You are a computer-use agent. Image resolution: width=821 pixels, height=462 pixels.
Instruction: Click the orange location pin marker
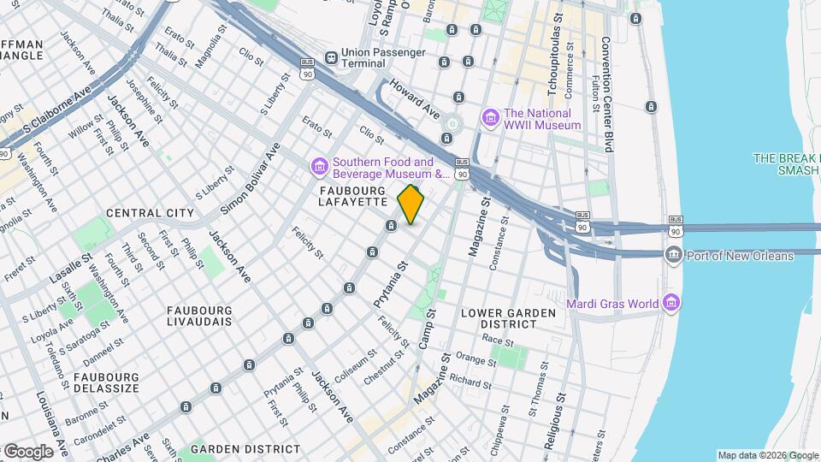[x=411, y=204]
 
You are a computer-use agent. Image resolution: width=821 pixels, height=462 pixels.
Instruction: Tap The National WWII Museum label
[x=542, y=119]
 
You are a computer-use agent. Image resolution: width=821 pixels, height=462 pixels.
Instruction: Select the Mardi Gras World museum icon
[x=671, y=303]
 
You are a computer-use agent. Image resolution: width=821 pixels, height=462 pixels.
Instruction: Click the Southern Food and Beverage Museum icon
[x=319, y=164]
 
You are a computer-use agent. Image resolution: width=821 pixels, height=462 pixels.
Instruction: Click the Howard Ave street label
[x=415, y=98]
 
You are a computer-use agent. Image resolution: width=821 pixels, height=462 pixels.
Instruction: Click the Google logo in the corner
[x=28, y=451]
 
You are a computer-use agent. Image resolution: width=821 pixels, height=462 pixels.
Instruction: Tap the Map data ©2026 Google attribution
[x=767, y=456]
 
